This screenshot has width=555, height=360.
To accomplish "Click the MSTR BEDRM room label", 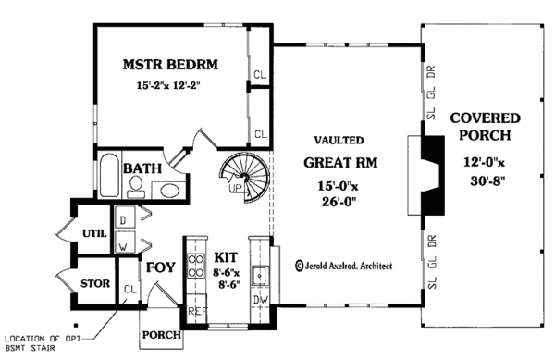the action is (170, 65).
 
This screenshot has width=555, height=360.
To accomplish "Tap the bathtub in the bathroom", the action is (108, 175).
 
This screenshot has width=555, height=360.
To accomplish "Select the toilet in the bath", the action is (136, 187).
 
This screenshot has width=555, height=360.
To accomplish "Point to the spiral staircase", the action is (244, 178).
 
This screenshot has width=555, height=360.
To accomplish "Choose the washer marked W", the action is (124, 242).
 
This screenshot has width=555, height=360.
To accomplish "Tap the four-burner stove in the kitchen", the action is (196, 266).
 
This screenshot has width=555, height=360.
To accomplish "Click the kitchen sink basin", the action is (260, 276).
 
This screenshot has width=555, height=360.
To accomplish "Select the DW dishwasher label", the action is (261, 300).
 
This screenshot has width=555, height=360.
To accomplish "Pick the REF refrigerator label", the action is (197, 312).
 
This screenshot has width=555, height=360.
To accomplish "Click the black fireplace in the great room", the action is (432, 175).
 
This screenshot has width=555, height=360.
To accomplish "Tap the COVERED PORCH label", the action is (486, 127).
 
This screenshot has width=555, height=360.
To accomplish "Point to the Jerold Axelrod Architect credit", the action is (343, 266).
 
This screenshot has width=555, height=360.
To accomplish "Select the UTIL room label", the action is (94, 233).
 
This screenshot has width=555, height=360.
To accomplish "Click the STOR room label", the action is (95, 283).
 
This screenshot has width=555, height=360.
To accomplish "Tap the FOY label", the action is (161, 267).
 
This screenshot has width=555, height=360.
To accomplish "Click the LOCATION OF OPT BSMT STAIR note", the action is (43, 343).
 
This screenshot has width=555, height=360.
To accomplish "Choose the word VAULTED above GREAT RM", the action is (339, 141).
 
